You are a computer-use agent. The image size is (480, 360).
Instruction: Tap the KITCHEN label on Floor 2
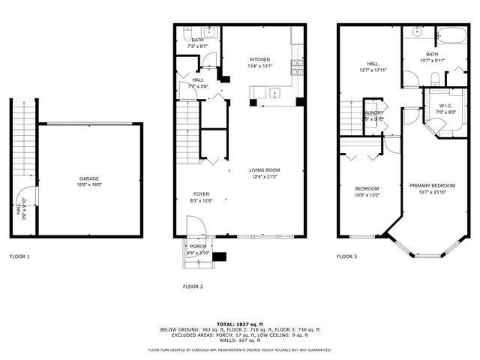[x=259, y=59]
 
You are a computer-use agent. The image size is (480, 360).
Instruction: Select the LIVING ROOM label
[x=264, y=171]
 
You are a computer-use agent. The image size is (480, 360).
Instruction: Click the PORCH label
[x=198, y=246]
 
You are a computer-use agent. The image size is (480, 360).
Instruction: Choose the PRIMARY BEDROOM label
[x=433, y=184]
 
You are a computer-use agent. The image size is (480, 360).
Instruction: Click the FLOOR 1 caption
[x=20, y=256]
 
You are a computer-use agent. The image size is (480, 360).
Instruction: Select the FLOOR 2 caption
[x=193, y=286]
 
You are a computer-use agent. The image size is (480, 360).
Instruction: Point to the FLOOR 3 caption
[x=346, y=256]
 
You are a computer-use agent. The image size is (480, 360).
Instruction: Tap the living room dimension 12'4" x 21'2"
[x=264, y=178]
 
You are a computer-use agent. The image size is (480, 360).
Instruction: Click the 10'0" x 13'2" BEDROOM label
[x=367, y=188]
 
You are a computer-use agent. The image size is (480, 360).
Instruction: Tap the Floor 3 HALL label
[x=372, y=64]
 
